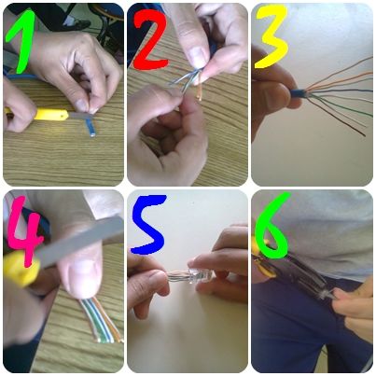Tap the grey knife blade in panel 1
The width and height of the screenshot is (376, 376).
click(80, 116)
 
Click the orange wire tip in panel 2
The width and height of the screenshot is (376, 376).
click(200, 93)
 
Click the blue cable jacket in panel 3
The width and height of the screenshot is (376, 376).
click(298, 93)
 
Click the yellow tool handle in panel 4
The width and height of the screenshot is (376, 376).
click(21, 269)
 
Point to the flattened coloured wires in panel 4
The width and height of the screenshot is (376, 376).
click(100, 320)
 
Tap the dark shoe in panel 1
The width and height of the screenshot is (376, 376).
click(78, 22)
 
